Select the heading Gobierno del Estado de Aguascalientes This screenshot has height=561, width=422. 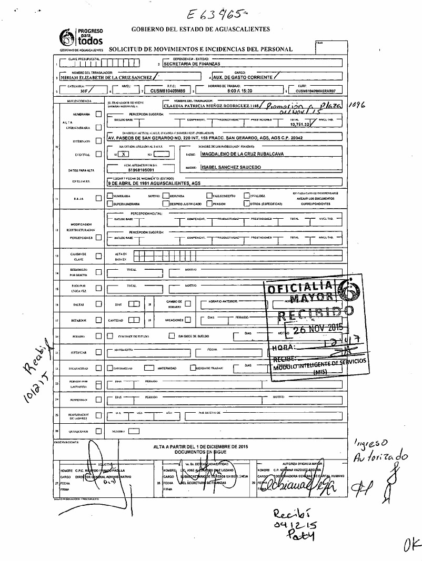[200, 29]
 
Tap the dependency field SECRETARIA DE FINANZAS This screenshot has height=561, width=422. [192, 64]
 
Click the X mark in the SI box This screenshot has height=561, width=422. [123, 154]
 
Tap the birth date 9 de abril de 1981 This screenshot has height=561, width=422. [156, 183]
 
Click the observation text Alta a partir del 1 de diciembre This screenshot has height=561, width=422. [200, 446]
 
